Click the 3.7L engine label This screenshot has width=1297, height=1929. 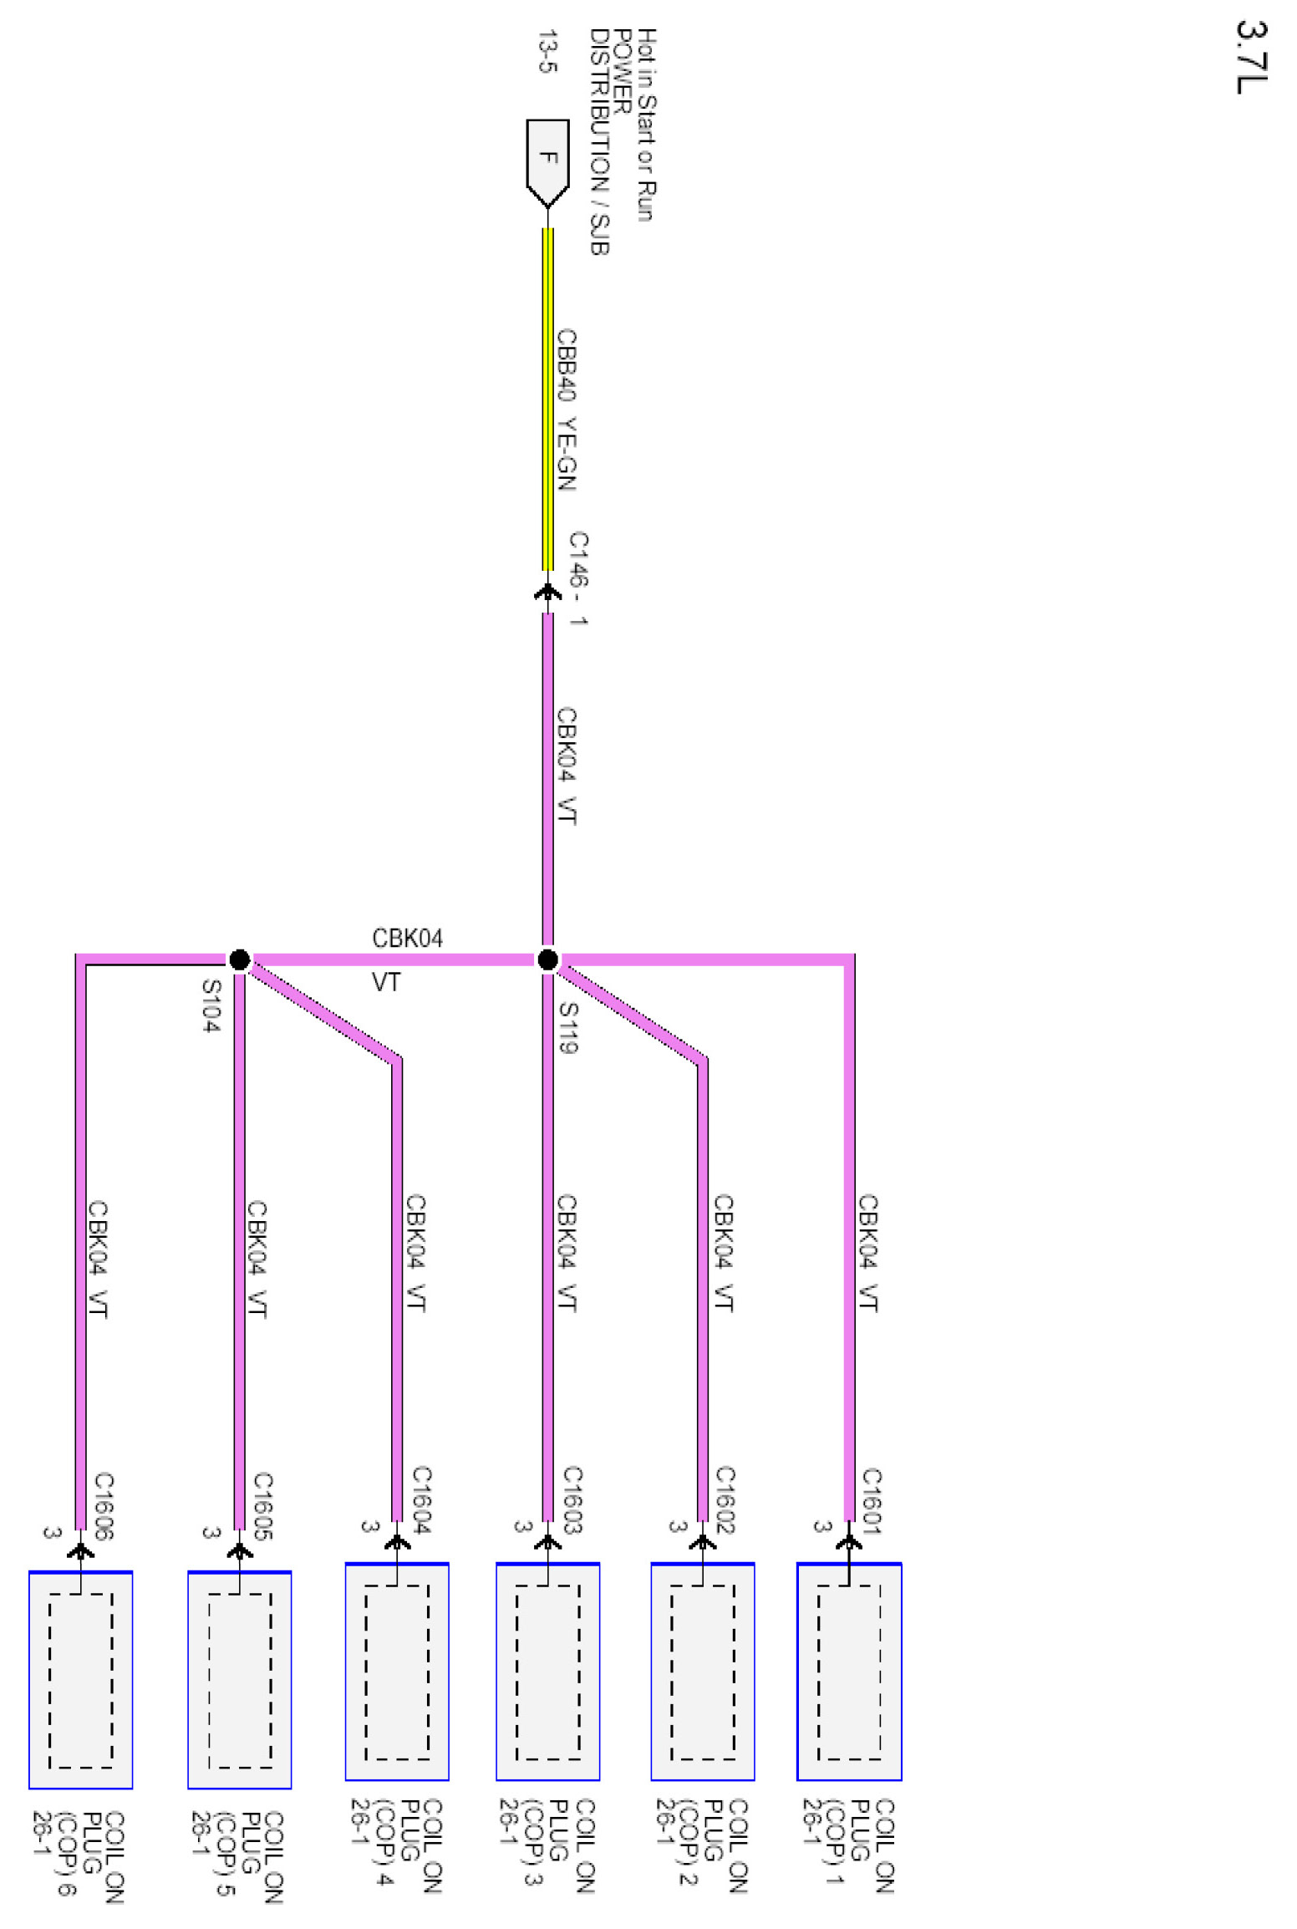pos(1251,57)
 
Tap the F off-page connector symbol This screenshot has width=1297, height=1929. pos(547,161)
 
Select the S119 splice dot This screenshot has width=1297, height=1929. pos(547,959)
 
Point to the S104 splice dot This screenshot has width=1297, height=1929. pos(239,959)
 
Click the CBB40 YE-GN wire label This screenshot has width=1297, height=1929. pos(567,409)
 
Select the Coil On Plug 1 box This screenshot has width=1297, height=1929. pos(848,1672)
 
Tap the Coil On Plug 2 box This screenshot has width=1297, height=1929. pos(702,1672)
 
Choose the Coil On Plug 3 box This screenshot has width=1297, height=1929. pos(547,1672)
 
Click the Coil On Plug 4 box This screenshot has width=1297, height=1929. pos(397,1672)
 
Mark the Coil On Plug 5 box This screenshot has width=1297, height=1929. pos(239,1680)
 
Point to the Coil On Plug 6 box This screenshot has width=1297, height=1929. pos(80,1680)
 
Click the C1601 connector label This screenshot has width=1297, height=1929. pos(872,1500)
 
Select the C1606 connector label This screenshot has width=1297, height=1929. pos(104,1505)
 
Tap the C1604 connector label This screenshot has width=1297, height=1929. pos(421,1499)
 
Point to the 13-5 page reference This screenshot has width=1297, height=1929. pos(547,52)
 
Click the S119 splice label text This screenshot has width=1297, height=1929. pos(568,1027)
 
